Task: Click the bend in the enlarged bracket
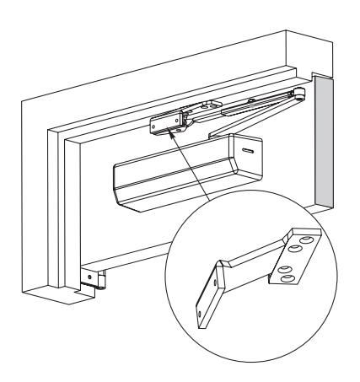click(x=222, y=263)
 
